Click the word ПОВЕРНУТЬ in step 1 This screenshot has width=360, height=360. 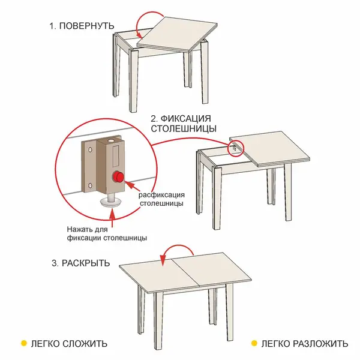[86, 26]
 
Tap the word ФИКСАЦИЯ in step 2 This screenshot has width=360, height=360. [185, 119]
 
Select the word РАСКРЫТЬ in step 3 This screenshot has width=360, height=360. [86, 263]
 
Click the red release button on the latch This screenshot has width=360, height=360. [118, 177]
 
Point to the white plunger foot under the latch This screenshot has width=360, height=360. [110, 202]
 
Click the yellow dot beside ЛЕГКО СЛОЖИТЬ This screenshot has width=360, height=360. [23, 343]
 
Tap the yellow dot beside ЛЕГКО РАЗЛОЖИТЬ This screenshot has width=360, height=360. [254, 343]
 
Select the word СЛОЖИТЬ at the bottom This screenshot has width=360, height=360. [85, 344]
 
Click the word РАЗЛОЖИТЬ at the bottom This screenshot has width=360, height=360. [320, 344]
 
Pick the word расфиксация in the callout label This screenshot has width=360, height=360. [161, 195]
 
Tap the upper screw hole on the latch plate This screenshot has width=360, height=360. [90, 150]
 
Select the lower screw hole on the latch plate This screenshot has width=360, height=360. [90, 185]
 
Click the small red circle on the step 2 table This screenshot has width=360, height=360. [235, 148]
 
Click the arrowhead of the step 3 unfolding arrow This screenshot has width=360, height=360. [163, 261]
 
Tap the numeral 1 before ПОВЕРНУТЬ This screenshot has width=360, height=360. [52, 26]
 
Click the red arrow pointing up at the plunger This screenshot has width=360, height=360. [112, 218]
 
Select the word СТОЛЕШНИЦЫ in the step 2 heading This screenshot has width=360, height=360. [184, 128]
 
